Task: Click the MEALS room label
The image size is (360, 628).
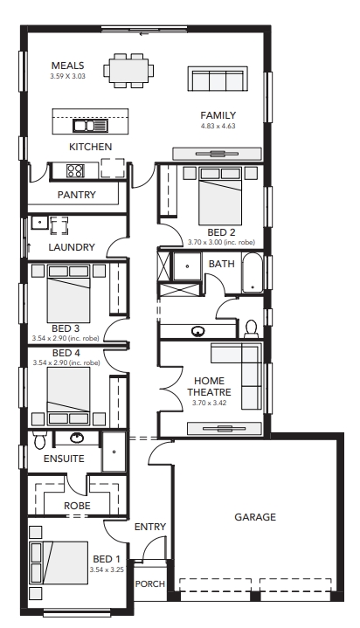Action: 68,66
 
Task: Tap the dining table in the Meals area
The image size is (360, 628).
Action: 128,71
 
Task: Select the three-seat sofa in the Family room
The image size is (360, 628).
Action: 218,79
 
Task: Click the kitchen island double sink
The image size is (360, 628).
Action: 90,126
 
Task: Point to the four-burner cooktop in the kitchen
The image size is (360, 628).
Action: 75,170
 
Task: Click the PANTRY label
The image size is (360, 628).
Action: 77,195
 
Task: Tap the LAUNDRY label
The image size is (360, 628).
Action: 72,247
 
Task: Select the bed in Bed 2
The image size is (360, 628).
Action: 220,197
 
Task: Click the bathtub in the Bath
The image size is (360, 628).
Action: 253,273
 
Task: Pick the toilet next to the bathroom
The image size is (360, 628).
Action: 252,328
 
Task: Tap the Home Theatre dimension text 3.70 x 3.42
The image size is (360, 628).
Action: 209,403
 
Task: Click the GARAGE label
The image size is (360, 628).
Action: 255,517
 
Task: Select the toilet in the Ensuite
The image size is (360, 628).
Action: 39,439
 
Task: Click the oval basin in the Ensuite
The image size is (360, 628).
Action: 77,438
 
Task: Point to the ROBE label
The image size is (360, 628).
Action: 77,506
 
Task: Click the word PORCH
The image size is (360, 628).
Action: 150,584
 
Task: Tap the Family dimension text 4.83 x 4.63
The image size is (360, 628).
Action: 218,126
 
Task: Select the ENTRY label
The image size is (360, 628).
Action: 150,527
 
